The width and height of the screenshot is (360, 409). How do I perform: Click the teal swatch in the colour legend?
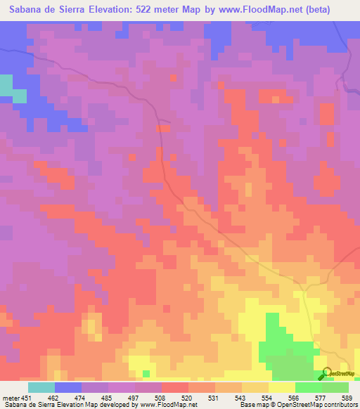click(x=41, y=387)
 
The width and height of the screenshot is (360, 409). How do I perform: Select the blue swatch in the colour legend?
click(x=68, y=387)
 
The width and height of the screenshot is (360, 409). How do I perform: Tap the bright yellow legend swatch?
click(x=281, y=387)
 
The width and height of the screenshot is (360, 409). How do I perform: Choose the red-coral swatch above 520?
click(x=175, y=387)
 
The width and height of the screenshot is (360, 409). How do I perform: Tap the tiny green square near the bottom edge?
click(x=146, y=373)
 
